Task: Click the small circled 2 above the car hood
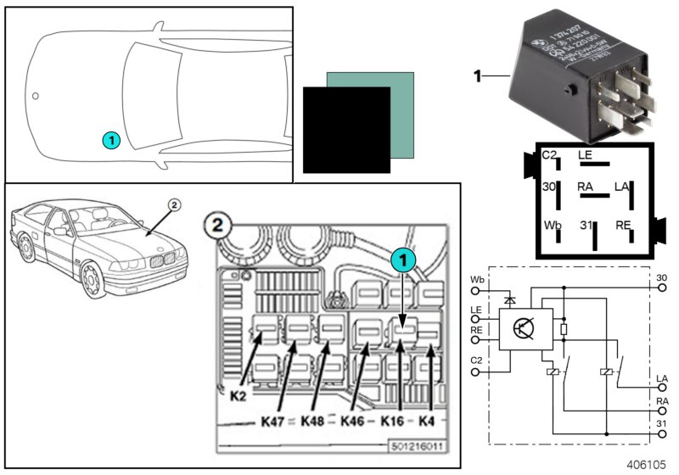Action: click(x=175, y=204)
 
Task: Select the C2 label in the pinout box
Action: click(x=550, y=155)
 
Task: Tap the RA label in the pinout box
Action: click(x=586, y=186)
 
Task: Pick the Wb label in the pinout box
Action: click(x=553, y=226)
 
